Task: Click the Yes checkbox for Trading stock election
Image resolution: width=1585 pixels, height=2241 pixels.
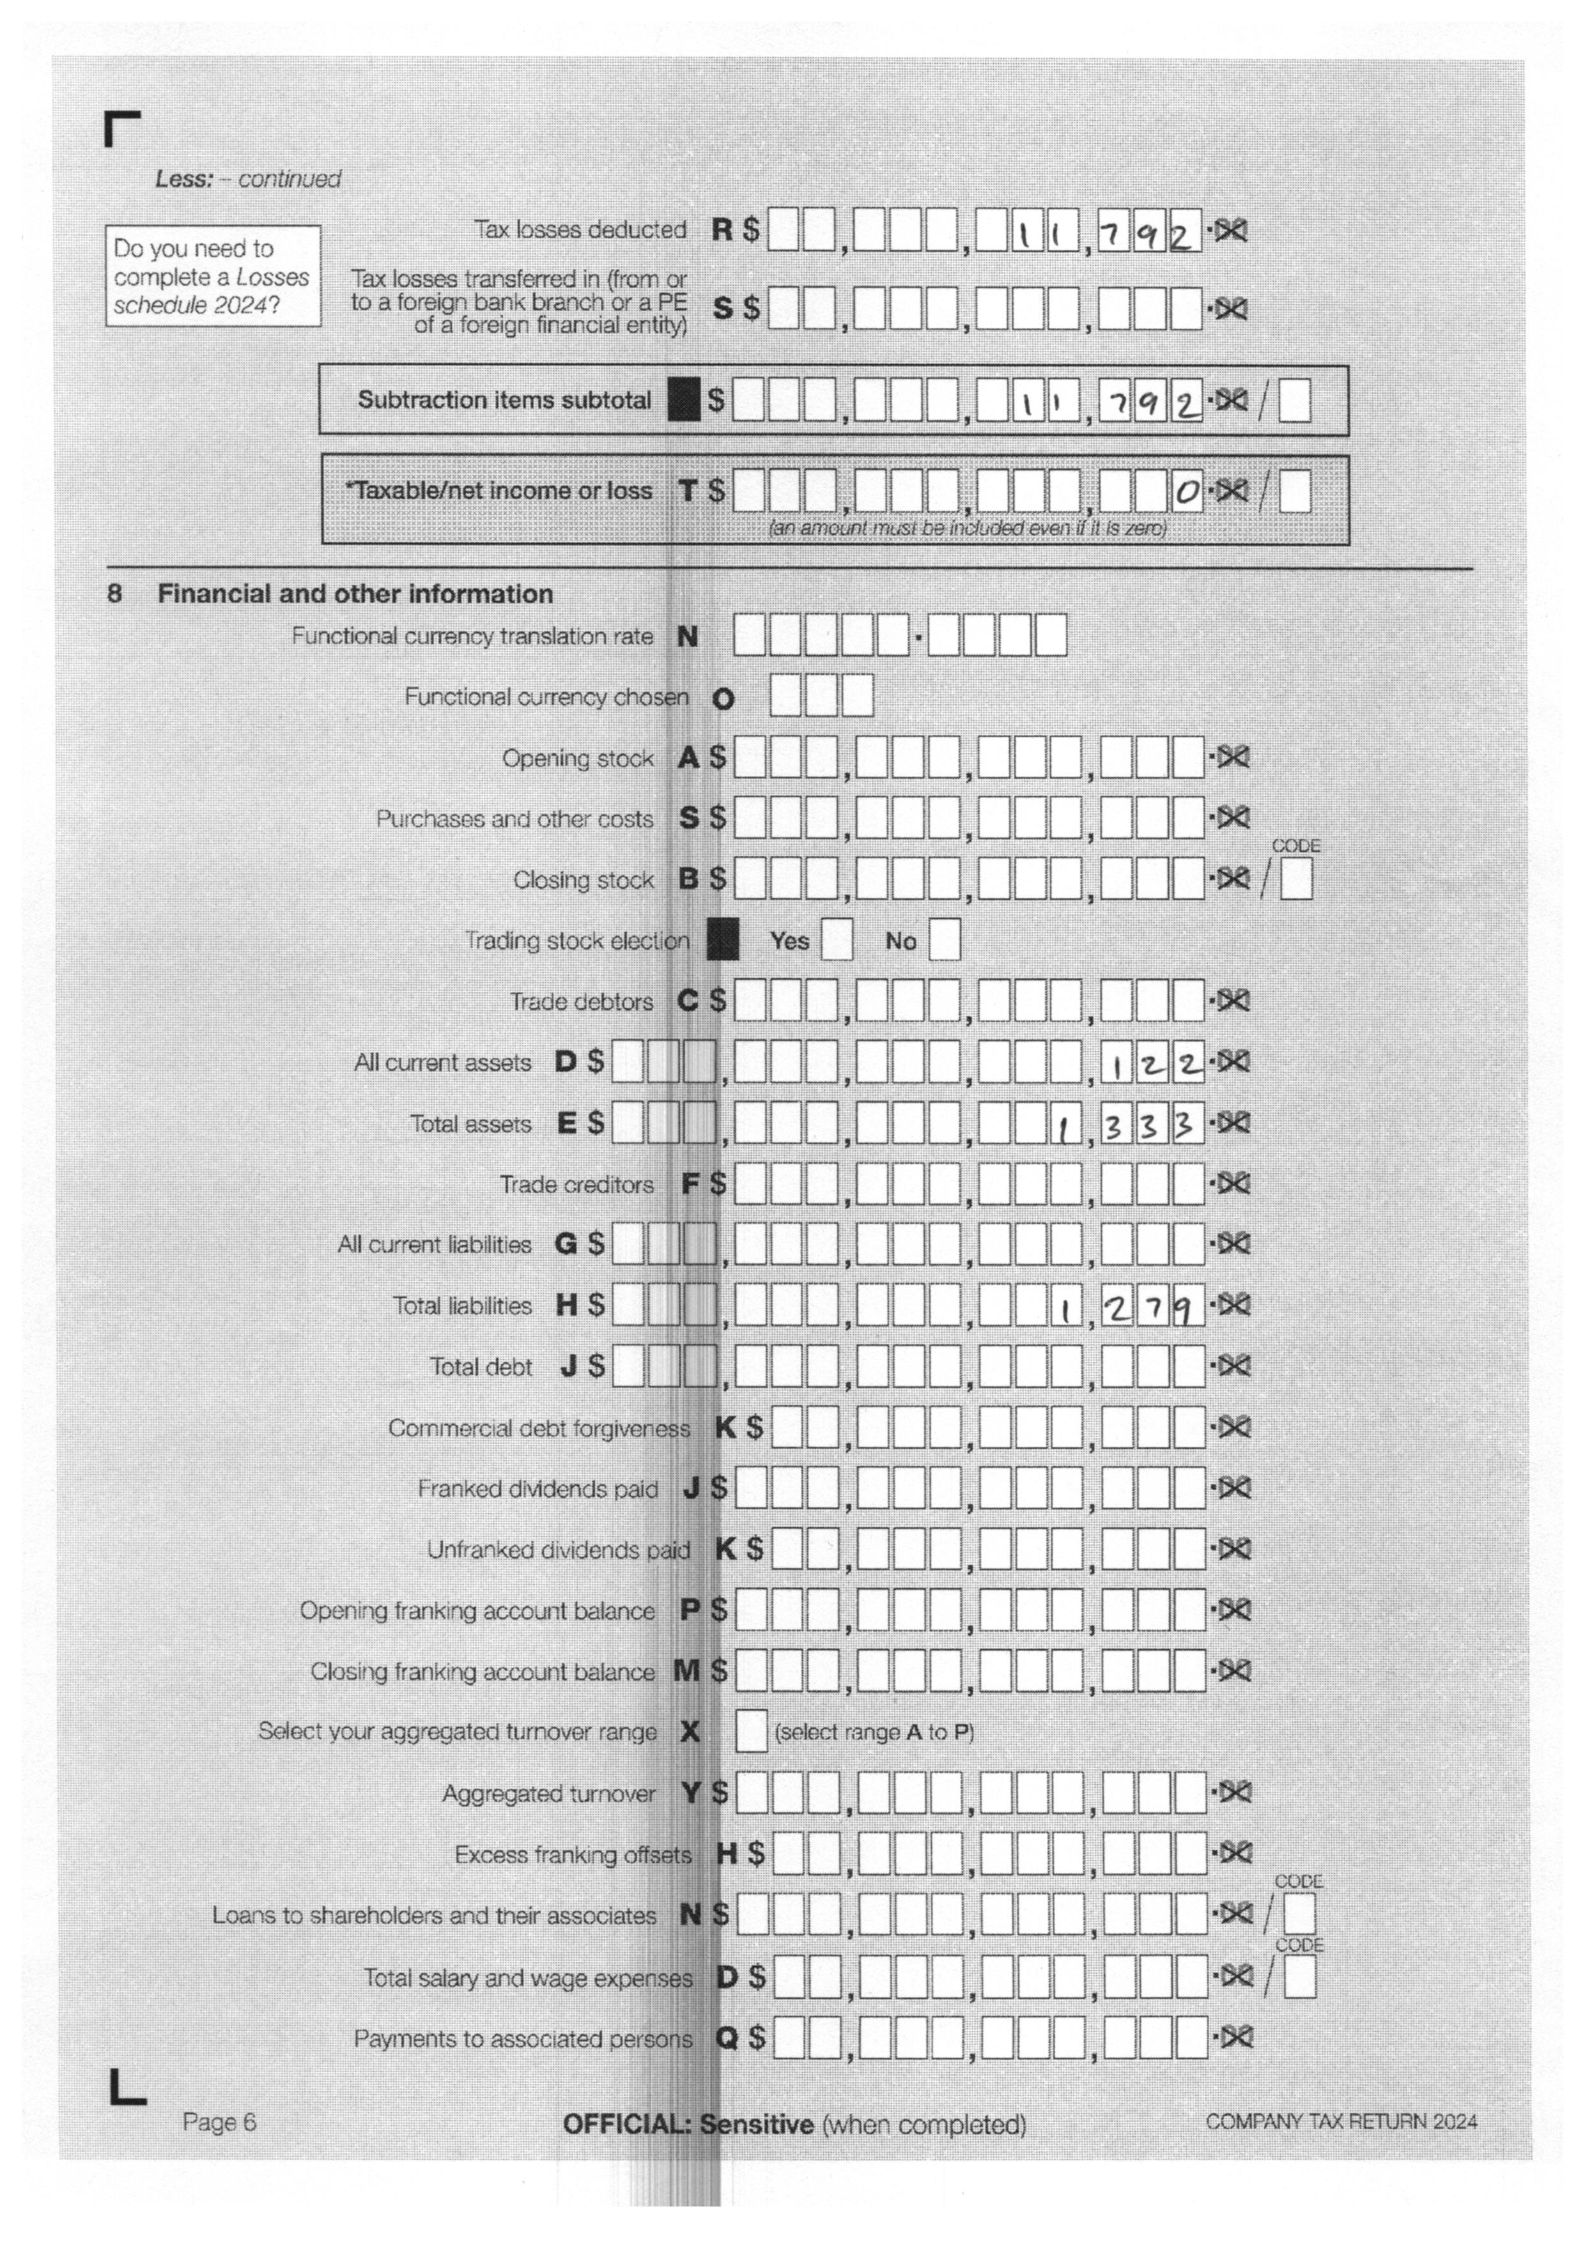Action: (x=837, y=940)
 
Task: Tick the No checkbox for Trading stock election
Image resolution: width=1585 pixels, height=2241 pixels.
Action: (x=944, y=940)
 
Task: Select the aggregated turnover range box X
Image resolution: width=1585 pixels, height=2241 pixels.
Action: (x=750, y=1732)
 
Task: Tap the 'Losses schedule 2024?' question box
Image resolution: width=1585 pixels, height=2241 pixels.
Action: (x=213, y=276)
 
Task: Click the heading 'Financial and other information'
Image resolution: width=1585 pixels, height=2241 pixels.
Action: (x=355, y=594)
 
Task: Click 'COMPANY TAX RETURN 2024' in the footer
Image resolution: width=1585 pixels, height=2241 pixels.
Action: (x=1341, y=2121)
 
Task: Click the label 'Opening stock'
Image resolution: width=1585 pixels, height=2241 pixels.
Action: (x=578, y=759)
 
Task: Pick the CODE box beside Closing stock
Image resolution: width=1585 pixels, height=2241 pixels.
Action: (x=1296, y=879)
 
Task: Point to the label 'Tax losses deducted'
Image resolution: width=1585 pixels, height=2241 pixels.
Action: (x=581, y=230)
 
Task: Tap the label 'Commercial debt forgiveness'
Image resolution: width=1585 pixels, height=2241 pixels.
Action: (x=539, y=1428)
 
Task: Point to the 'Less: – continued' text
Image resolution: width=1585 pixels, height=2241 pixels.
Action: (x=248, y=180)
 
